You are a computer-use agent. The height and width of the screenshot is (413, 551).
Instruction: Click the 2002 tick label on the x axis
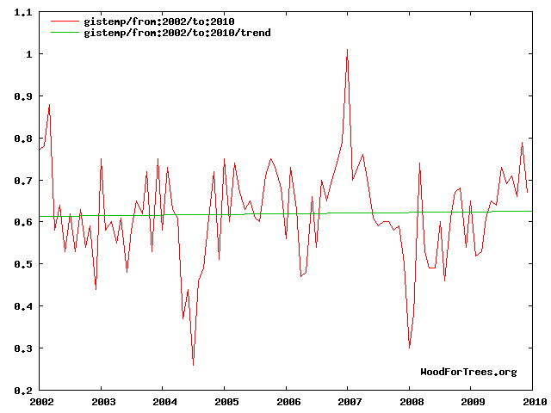pyautogui.click(x=40, y=401)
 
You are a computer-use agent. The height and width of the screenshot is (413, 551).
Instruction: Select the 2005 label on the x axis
pyautogui.click(x=226, y=401)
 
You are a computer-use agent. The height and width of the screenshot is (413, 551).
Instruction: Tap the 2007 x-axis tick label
pyautogui.click(x=349, y=401)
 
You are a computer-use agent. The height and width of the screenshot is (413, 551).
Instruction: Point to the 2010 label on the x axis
pyautogui.click(x=533, y=401)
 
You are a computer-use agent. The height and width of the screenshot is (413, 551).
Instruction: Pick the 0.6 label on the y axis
pyautogui.click(x=22, y=222)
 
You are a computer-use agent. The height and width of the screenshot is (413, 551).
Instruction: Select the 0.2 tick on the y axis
pyautogui.click(x=22, y=390)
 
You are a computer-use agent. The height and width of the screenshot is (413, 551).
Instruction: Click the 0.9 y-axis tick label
pyautogui.click(x=22, y=96)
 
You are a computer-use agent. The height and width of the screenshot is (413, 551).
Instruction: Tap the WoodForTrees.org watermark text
pyautogui.click(x=468, y=372)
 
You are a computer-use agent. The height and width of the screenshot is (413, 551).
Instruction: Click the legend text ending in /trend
pyautogui.click(x=159, y=32)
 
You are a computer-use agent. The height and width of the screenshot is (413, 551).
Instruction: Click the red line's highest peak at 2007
pyautogui.click(x=347, y=50)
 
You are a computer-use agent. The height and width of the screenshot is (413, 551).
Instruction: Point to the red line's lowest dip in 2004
pyautogui.click(x=193, y=366)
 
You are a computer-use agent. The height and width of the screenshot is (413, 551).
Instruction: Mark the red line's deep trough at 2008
pyautogui.click(x=410, y=347)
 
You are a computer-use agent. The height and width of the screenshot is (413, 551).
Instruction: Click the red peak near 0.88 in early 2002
pyautogui.click(x=50, y=105)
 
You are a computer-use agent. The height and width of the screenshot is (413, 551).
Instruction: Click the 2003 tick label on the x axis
pyautogui.click(x=102, y=401)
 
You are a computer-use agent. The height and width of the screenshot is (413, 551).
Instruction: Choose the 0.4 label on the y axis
pyautogui.click(x=22, y=306)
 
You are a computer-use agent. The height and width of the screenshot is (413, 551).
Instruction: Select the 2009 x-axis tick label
pyautogui.click(x=472, y=401)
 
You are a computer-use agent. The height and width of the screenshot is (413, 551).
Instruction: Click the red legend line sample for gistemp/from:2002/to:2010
pyautogui.click(x=65, y=21)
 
